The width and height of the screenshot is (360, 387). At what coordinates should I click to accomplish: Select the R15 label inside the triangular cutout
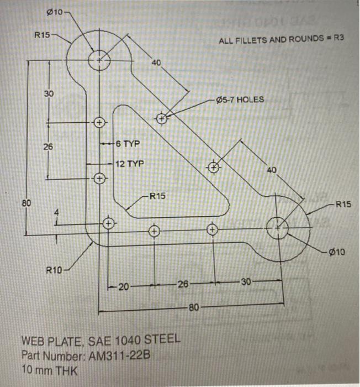pos(157,196)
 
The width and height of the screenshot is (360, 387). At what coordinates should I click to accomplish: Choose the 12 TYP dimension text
pos(129,164)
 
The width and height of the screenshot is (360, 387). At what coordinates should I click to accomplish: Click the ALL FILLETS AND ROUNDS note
pos(277,40)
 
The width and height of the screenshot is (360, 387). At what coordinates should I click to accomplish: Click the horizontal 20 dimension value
pos(123,286)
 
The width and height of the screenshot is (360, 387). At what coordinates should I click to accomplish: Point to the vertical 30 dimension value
pos(48,93)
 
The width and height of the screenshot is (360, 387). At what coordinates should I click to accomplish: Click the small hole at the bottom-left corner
pos(109,223)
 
